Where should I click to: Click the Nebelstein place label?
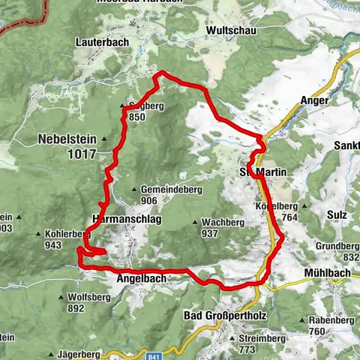(x=70, y=139)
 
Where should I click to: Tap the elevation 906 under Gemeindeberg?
(x=148, y=201)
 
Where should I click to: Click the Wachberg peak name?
(x=219, y=223)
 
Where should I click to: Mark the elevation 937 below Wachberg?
(x=208, y=233)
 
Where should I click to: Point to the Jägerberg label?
(x=77, y=353)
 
